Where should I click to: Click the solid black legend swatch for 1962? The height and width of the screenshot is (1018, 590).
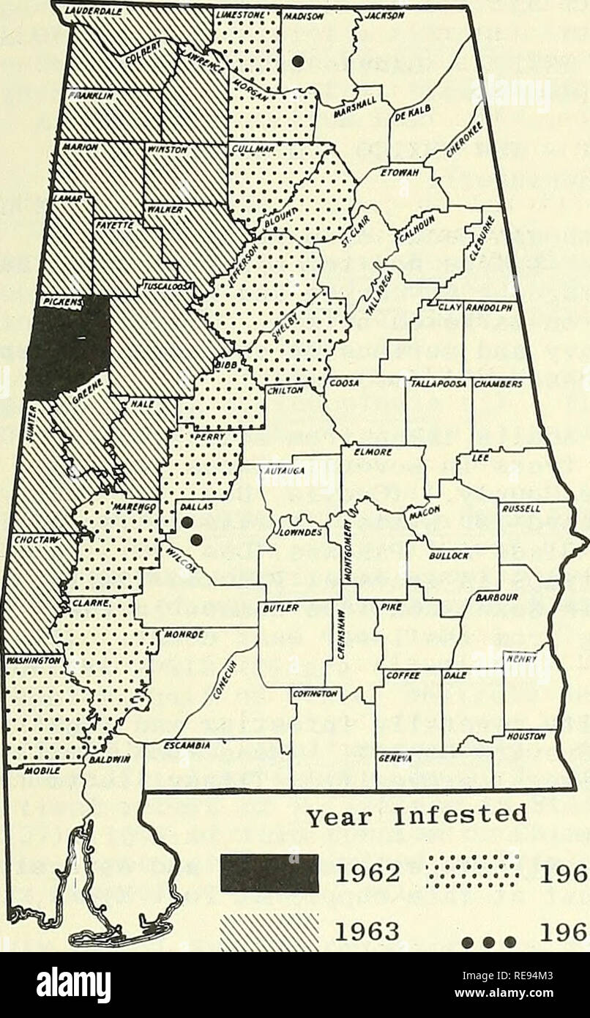click(269, 873)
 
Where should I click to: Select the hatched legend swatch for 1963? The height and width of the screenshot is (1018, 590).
click(269, 925)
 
